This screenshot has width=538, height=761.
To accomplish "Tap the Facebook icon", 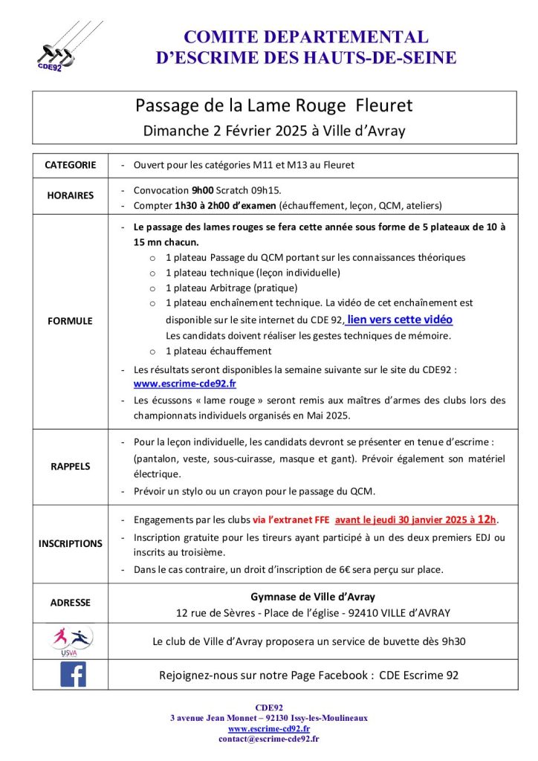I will tap(73, 674).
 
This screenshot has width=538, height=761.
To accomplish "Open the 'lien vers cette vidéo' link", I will tap(400, 320).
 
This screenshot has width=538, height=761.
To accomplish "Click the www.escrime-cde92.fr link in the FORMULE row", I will tap(184, 383).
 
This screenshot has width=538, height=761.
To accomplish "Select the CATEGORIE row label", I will tap(71, 165).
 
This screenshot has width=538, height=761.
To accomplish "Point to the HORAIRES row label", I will tap(71, 195).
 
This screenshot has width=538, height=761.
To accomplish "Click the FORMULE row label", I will tap(71, 321).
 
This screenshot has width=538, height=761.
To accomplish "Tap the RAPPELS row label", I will tap(71, 466).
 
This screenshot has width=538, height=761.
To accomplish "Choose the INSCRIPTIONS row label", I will tap(71, 543).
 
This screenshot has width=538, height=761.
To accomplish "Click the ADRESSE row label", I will tap(71, 603).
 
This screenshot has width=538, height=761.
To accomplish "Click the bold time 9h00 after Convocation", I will tap(204, 190).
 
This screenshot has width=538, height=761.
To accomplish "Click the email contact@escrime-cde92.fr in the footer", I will tap(268, 739).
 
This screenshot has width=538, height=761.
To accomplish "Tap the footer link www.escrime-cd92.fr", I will tap(268, 729).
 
